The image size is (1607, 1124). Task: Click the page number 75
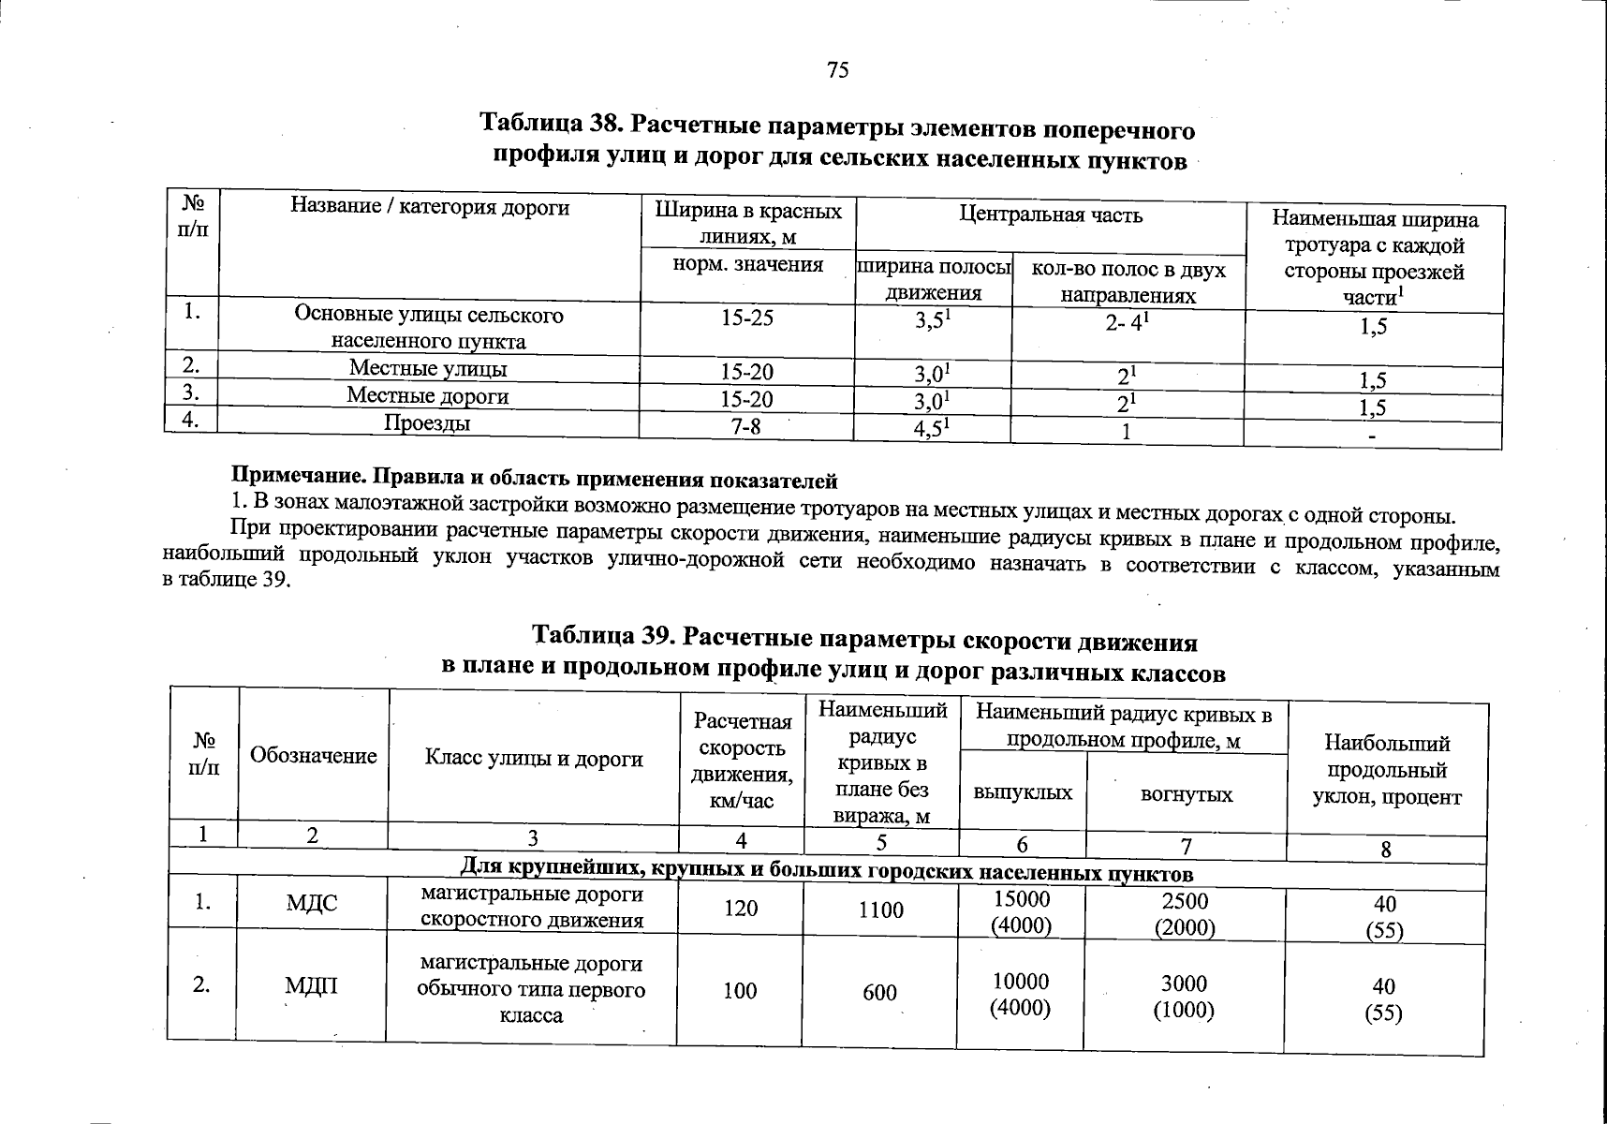coord(838,69)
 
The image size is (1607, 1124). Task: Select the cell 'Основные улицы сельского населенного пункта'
coord(429,328)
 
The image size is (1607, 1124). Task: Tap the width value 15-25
coord(747,318)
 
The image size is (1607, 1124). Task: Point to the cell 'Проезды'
coord(427,423)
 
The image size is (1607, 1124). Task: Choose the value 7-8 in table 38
coord(745,427)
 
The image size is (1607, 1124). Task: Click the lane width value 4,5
coord(932,429)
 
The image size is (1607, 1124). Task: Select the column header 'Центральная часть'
coord(1051,215)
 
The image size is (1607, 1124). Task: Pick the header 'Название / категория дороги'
coord(430,207)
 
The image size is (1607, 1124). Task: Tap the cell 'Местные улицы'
coord(428,368)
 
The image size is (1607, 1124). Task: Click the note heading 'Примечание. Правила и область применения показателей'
coord(535,481)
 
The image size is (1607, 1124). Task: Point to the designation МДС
coord(312,905)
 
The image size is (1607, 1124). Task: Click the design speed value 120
coord(741,908)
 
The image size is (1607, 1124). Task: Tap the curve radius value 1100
coord(880,910)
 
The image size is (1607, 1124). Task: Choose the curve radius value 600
coord(879,992)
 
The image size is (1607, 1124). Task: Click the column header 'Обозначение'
coord(314,756)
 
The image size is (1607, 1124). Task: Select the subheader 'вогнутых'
coord(1187,795)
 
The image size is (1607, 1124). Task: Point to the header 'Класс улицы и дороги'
coord(534,758)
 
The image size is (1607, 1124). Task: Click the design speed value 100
coord(740,990)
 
